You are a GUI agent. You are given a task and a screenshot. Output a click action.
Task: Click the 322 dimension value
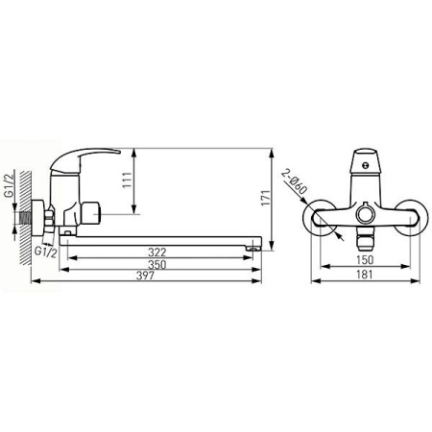pyautogui.click(x=157, y=252)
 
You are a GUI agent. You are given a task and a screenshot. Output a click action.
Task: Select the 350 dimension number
pyautogui.click(x=157, y=265)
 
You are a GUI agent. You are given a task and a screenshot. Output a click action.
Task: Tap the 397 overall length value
pyautogui.click(x=145, y=276)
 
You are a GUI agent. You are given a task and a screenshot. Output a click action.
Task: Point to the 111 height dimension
pyautogui.click(x=127, y=180)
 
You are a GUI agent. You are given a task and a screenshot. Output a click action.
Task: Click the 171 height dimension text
pyautogui.click(x=266, y=198)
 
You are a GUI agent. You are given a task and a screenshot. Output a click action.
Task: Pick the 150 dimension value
pyautogui.click(x=365, y=260)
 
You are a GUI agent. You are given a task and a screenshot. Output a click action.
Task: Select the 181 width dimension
pyautogui.click(x=365, y=275)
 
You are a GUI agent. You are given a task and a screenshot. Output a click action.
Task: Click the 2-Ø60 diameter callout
pyautogui.click(x=295, y=181)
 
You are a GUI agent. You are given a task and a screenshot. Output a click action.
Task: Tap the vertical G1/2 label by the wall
pyautogui.click(x=10, y=185)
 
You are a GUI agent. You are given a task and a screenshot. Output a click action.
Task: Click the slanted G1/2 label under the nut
pyautogui.click(x=46, y=252)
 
